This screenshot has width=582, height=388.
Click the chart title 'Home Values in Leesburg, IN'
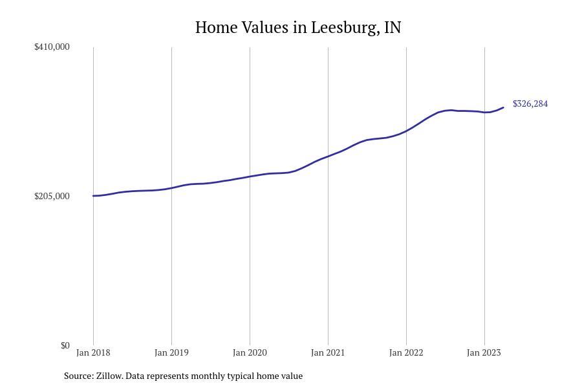[x=298, y=28]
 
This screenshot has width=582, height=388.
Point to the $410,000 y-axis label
[x=52, y=47]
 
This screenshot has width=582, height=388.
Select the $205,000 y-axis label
[x=52, y=196]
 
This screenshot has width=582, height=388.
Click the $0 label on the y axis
[x=65, y=345]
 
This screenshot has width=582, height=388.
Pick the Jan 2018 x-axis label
[x=93, y=352]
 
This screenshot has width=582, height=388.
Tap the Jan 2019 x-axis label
[x=171, y=352]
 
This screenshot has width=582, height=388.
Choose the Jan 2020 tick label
[x=250, y=352]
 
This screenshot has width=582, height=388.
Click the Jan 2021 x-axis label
[x=328, y=352]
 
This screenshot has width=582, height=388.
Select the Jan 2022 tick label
[x=406, y=352]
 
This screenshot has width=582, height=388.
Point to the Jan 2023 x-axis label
[x=484, y=352]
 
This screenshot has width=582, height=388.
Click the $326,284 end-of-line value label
[x=530, y=103]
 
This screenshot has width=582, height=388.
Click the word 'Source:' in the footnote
[x=78, y=376]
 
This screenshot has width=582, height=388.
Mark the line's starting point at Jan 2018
[x=93, y=196]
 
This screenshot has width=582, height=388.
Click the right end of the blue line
[x=503, y=107]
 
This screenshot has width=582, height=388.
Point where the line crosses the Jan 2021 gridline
[x=328, y=156]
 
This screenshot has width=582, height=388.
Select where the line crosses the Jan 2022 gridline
[x=406, y=131]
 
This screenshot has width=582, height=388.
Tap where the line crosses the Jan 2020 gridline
[x=250, y=176]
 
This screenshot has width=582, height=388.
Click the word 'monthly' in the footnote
[x=208, y=376]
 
